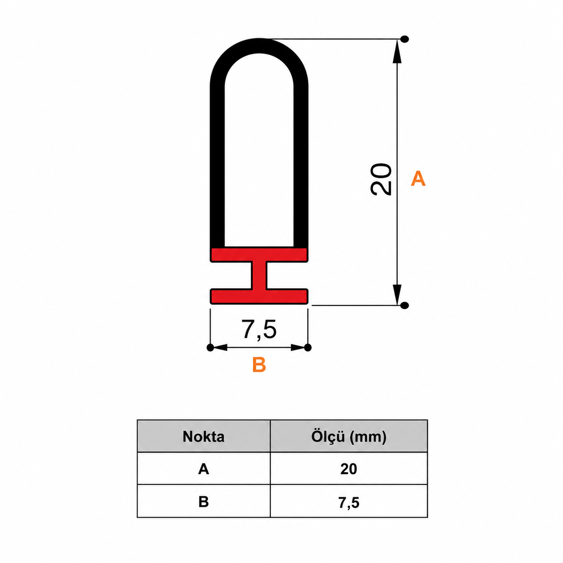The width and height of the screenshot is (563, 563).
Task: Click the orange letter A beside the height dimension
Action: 418,179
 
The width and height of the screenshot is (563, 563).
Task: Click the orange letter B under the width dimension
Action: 259,365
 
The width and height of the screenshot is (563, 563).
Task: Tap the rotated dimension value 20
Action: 380,179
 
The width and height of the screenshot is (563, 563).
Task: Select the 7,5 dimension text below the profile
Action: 259,330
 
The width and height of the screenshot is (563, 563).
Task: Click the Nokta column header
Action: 204,437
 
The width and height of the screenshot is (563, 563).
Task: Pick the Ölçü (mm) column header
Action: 349,437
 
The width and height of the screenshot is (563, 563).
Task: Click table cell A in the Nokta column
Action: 204,469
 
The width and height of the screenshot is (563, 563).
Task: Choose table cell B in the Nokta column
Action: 204,501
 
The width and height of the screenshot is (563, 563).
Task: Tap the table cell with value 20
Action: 349,469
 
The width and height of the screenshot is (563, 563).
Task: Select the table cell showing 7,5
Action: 349,501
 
